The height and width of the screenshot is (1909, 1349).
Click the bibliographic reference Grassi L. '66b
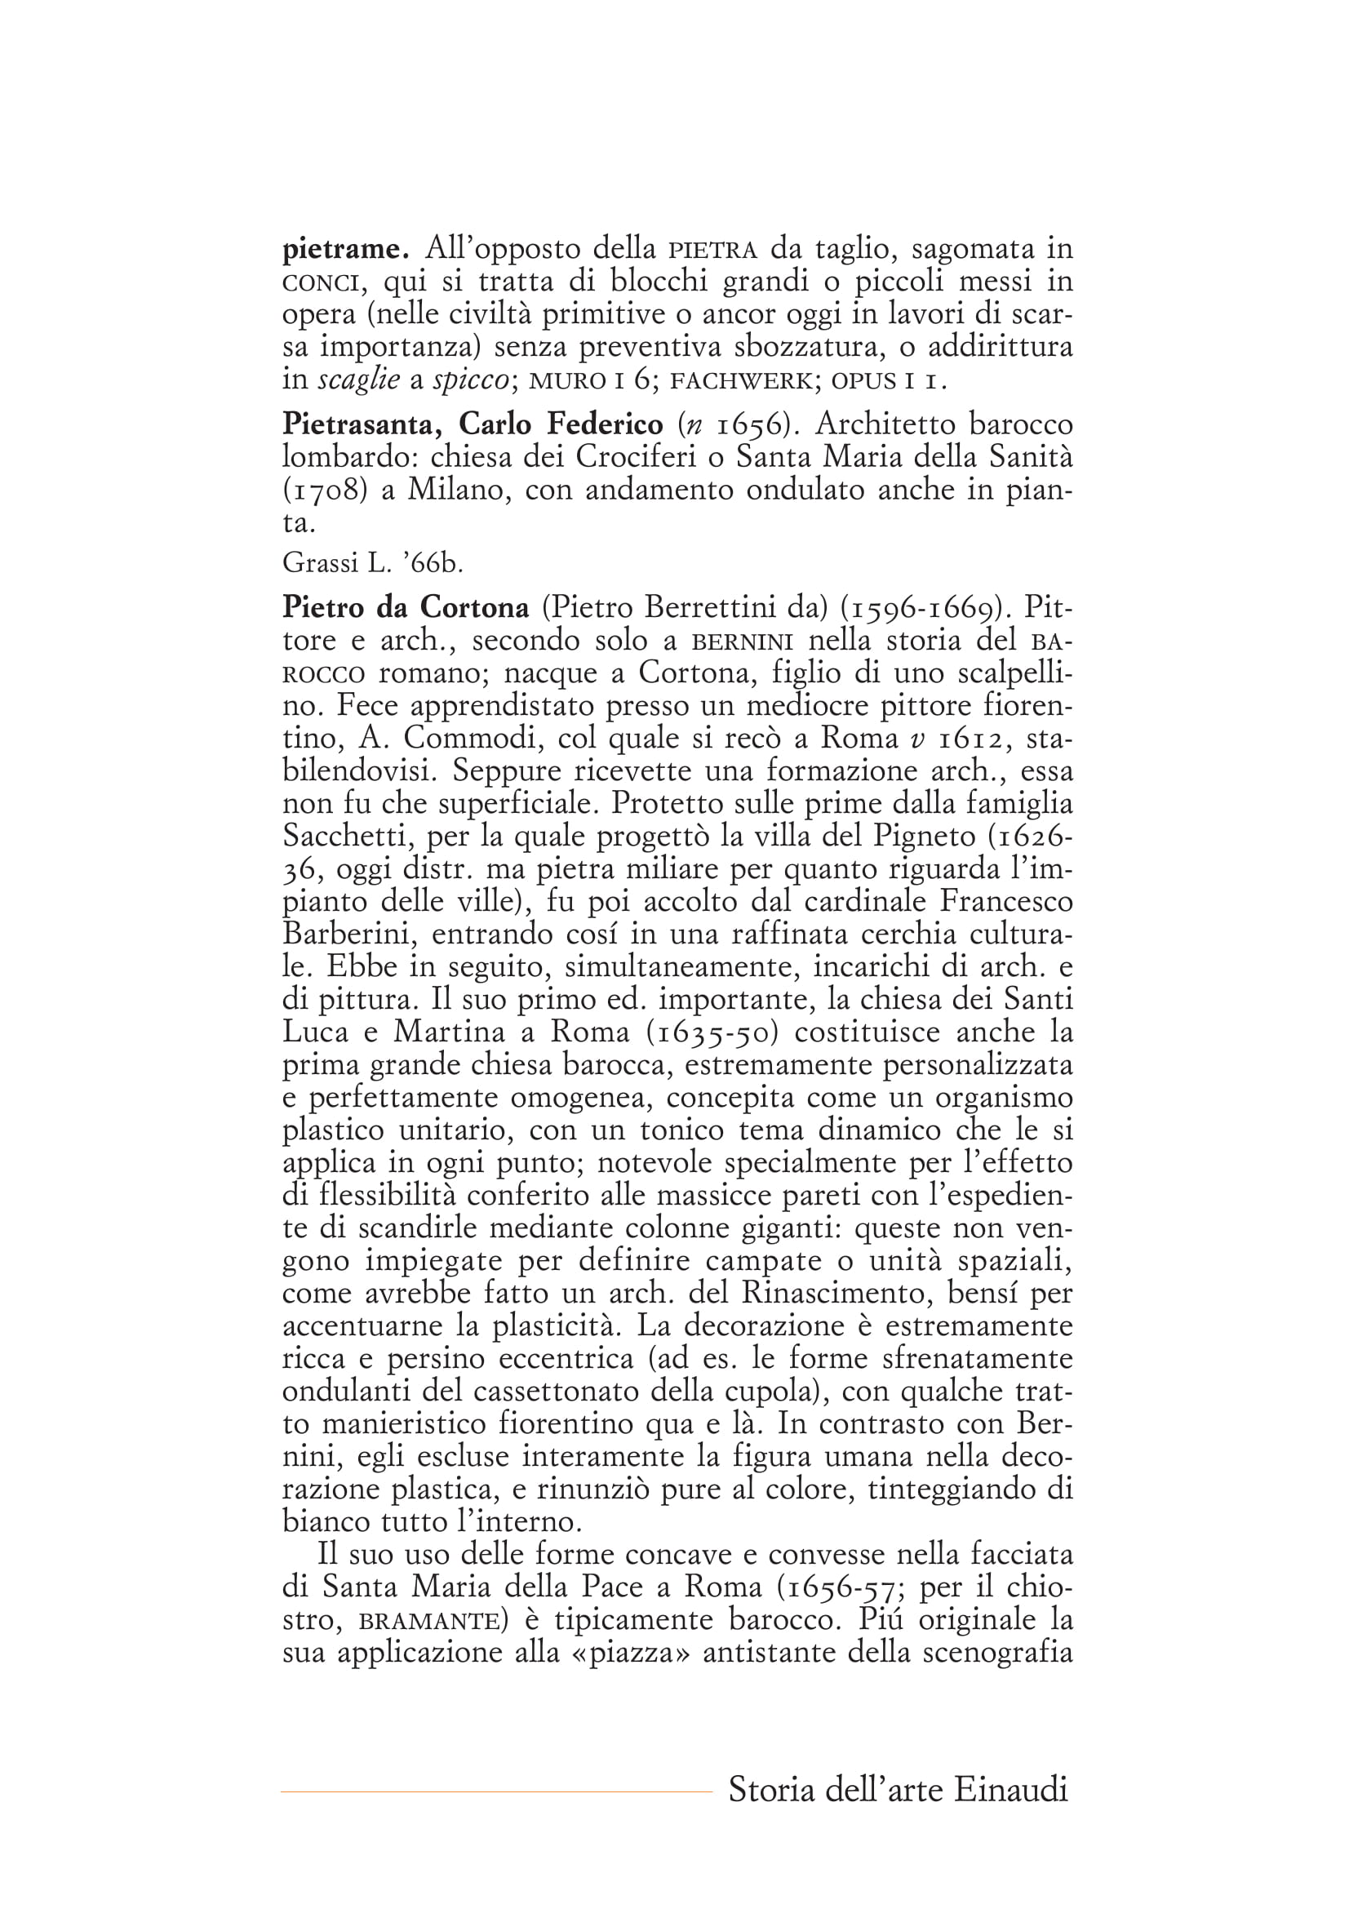(372, 563)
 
